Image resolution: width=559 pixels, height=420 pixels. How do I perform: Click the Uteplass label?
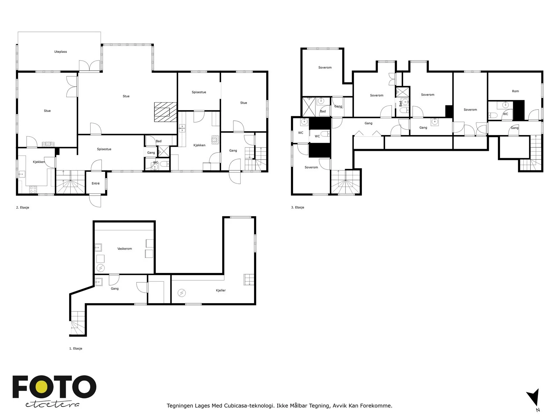coord(60,52)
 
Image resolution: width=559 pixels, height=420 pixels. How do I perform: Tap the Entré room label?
coord(95,183)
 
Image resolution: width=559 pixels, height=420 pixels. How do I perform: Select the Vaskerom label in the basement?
coord(124,248)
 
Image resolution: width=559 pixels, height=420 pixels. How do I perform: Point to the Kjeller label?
coord(220,290)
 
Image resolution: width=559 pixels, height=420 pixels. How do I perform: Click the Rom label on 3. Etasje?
coord(515,91)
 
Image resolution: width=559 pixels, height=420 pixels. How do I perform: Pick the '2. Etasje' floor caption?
coord(23,208)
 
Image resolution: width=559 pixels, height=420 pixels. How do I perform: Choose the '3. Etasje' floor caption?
coord(297,207)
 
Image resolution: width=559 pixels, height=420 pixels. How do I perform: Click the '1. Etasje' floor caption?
coord(75,348)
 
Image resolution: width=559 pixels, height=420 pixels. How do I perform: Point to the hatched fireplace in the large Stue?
coord(165,112)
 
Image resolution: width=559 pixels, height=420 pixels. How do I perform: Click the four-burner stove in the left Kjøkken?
coord(33,189)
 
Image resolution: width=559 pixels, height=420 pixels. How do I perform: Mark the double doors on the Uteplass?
coord(89,65)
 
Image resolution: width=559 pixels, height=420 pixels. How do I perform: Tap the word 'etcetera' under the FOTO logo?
coord(52,405)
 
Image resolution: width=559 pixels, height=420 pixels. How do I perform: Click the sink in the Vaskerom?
coord(98,247)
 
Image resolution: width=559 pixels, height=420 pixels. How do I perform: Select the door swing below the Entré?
coord(95,201)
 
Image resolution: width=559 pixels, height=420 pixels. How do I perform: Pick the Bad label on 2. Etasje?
coord(158,141)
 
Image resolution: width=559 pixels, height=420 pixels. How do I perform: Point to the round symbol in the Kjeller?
coord(182,293)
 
